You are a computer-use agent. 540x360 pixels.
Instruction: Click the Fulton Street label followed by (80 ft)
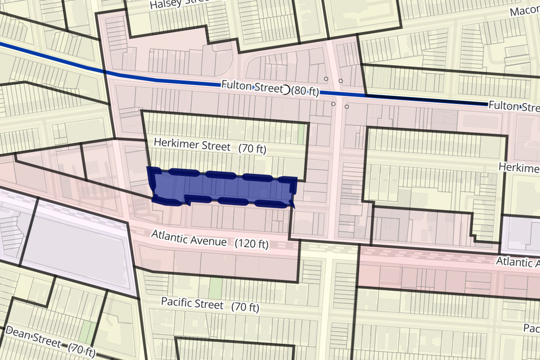pyautogui.click(x=250, y=86)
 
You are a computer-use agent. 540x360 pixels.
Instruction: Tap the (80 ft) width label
pyautogui.click(x=305, y=91)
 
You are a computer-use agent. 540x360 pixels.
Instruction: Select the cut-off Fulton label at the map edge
pyautogui.click(x=513, y=106)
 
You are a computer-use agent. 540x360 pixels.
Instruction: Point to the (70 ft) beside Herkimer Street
pyautogui.click(x=252, y=148)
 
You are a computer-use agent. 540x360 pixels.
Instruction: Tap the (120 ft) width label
pyautogui.click(x=252, y=244)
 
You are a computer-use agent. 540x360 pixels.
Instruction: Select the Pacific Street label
pyautogui.click(x=192, y=303)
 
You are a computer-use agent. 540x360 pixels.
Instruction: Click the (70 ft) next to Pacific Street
pyautogui.click(x=245, y=308)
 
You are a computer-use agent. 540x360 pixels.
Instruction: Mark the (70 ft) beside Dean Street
pyautogui.click(x=82, y=350)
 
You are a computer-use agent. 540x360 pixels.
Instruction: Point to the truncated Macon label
pyautogui.click(x=525, y=11)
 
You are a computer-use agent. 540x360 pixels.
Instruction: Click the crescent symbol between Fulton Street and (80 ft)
pyautogui.click(x=285, y=90)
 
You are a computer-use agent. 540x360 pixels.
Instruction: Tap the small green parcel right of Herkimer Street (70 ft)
pyautogui.click(x=301, y=134)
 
